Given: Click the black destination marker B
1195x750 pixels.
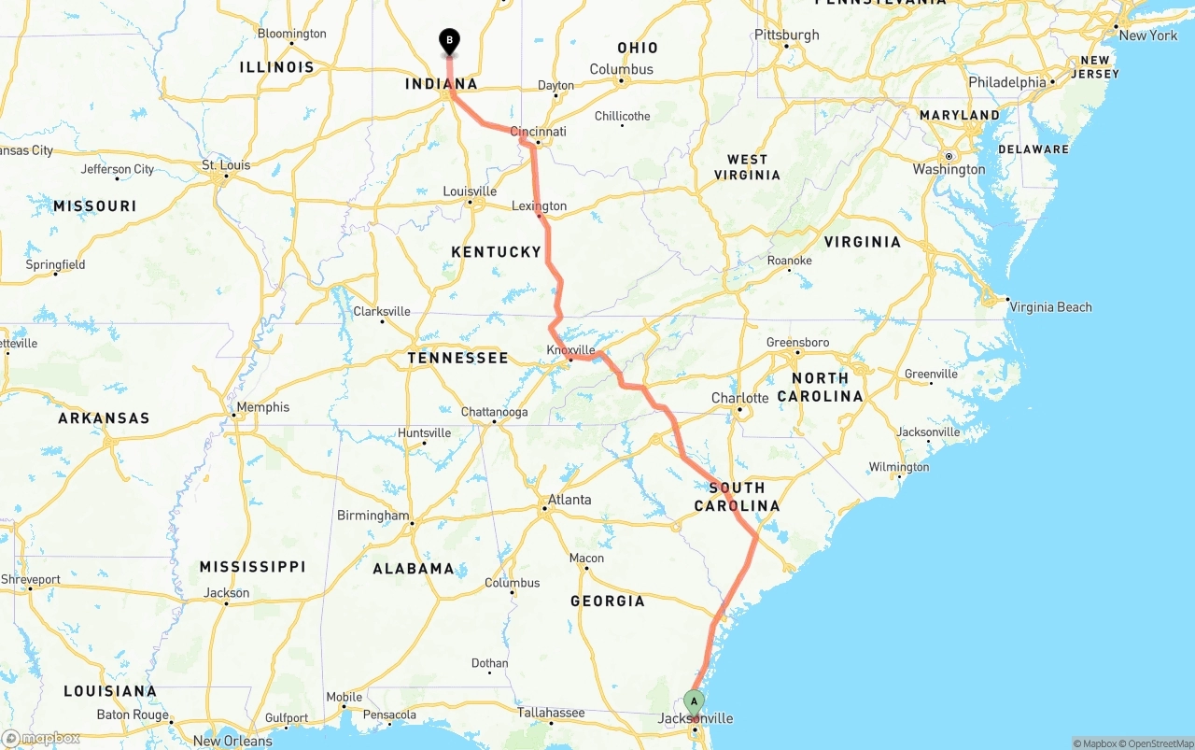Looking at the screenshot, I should [449, 40].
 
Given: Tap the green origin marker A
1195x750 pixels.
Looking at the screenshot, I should [694, 701].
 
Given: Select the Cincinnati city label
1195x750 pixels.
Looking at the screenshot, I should [539, 132].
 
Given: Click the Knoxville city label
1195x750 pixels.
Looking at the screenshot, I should [570, 350].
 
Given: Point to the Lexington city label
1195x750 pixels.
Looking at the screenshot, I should [539, 206].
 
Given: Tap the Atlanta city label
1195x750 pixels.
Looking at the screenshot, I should [569, 500].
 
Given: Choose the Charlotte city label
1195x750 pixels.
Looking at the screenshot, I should [739, 398].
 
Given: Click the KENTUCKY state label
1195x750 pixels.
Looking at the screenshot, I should [496, 252].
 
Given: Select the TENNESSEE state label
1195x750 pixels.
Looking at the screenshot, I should [457, 358].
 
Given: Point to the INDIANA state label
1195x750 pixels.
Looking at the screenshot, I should [441, 84].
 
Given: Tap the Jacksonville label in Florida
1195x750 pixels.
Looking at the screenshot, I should [696, 718].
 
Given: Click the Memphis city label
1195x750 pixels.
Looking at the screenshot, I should [262, 407].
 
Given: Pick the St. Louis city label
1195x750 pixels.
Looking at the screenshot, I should [226, 165].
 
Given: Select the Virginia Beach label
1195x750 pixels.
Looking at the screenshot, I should [1050, 307].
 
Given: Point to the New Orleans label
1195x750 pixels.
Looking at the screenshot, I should [232, 742].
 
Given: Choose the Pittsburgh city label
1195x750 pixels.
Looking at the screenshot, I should [787, 35].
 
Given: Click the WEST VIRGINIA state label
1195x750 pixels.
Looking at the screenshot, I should [747, 167].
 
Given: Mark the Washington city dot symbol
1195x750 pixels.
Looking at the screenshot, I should [948, 156].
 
